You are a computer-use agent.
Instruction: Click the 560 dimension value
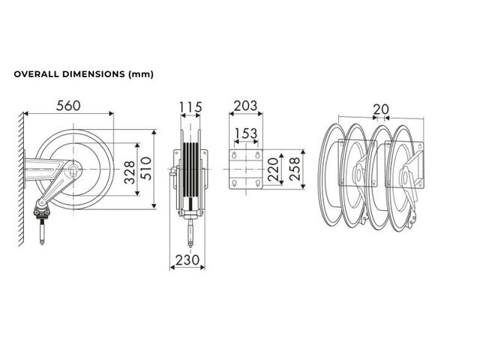point(68,106)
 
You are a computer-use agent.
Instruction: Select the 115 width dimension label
point(190,107)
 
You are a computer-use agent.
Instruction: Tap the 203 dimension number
point(245,106)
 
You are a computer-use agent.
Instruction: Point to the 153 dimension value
point(246,133)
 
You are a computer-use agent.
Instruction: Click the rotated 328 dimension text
point(130,172)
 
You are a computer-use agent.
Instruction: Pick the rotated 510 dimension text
point(146,169)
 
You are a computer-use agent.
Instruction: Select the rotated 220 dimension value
point(273,169)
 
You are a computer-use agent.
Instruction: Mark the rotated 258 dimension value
point(294,169)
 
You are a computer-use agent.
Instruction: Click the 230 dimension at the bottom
point(187,260)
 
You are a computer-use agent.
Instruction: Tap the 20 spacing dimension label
point(381,109)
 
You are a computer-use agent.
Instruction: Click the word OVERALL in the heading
point(37,74)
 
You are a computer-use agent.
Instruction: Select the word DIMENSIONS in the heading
point(94,74)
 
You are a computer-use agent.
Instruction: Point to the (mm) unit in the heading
point(140,74)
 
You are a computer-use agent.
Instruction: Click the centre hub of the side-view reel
point(73,169)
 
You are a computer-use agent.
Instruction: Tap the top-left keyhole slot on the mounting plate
point(235,154)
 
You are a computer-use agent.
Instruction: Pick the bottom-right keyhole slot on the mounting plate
point(258,184)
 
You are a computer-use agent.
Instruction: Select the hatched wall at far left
point(21,178)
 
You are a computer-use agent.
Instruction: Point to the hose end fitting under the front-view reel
point(190,232)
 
